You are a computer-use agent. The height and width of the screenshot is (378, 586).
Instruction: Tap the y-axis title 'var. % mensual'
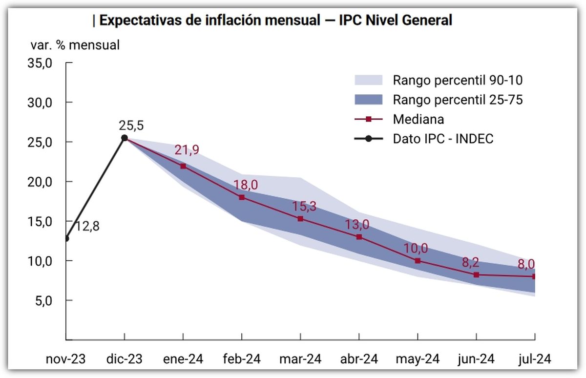click(75, 45)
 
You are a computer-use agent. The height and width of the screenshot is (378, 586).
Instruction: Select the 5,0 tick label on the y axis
click(43, 300)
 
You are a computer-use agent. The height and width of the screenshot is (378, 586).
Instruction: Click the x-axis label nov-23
click(65, 359)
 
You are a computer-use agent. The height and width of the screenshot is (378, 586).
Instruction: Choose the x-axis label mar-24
click(300, 359)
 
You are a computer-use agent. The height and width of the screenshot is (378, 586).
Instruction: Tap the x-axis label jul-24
click(534, 359)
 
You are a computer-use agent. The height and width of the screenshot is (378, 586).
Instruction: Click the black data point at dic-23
click(125, 138)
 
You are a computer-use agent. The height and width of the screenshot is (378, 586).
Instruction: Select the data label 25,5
click(131, 126)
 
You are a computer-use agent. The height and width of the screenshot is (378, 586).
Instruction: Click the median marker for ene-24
click(183, 166)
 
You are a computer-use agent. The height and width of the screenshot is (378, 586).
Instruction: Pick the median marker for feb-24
click(242, 197)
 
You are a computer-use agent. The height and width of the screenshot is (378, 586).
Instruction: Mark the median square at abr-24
click(359, 237)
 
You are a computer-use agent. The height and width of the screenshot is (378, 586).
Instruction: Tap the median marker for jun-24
click(476, 275)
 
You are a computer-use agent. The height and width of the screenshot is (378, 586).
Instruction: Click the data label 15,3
click(305, 206)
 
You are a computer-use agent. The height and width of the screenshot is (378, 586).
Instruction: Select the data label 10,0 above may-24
click(416, 248)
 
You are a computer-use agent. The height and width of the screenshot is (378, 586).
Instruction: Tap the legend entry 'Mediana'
click(418, 119)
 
